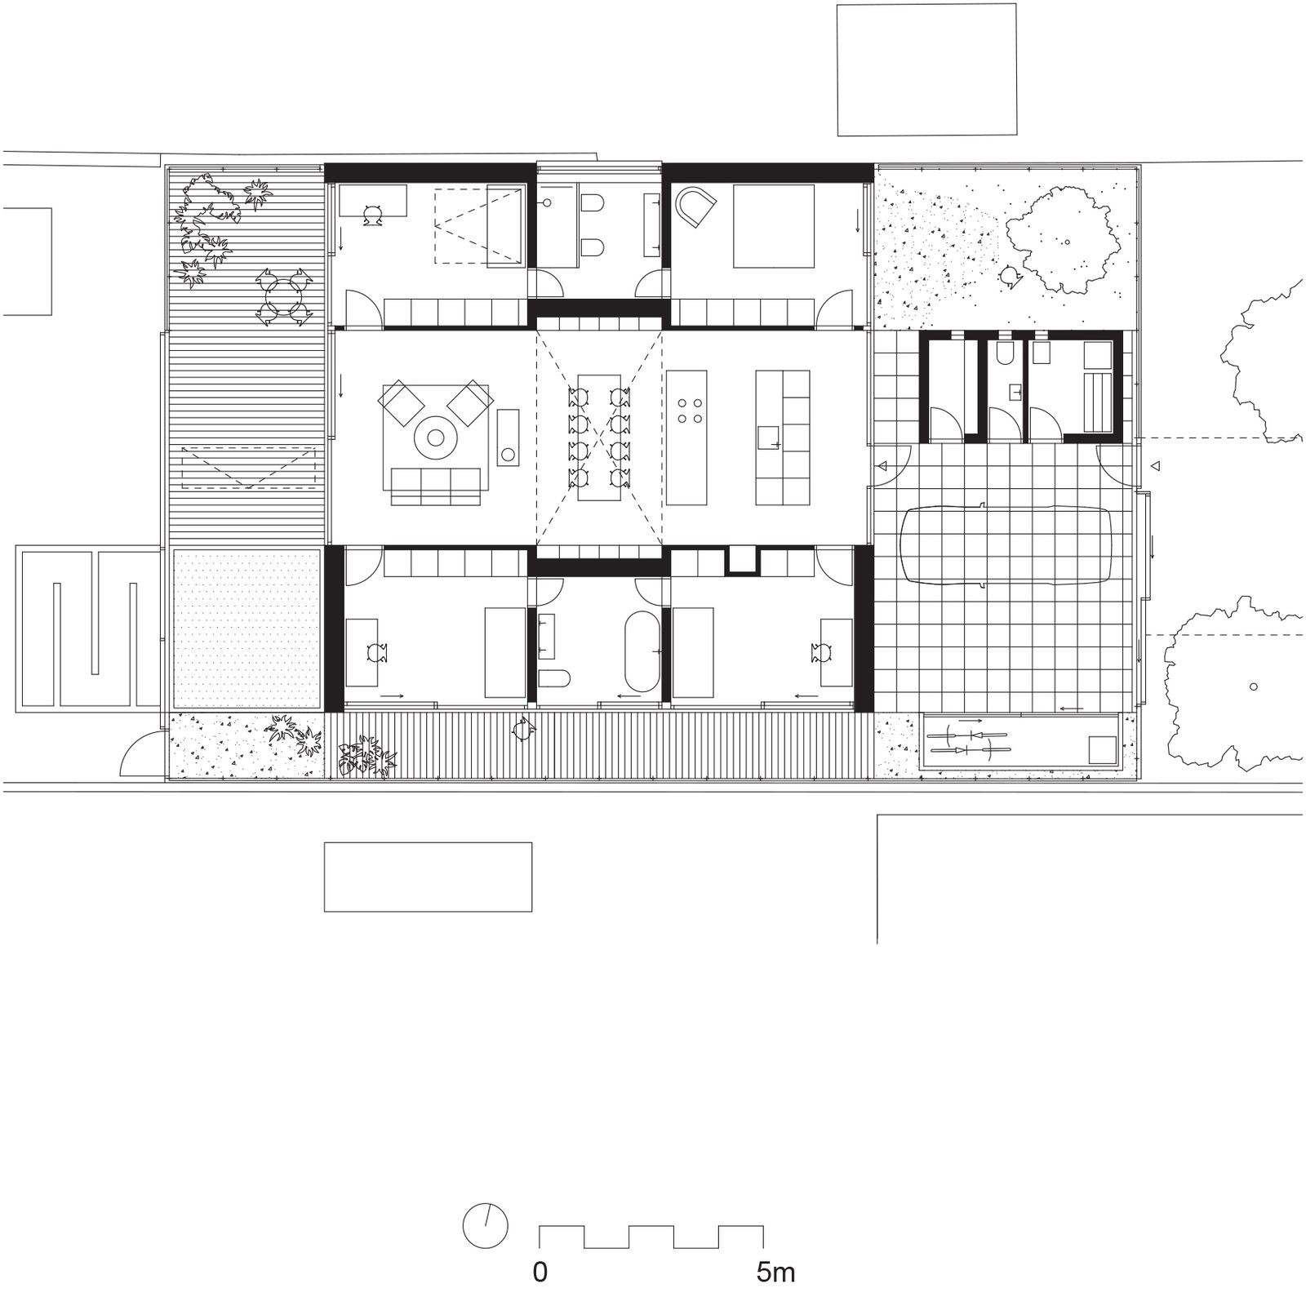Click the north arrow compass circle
coord(485,1225)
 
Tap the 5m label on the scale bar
coord(775,1272)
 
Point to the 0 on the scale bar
coord(540,1272)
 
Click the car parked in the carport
coord(1006,544)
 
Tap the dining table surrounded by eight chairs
coord(600,438)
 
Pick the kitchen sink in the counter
coord(769,438)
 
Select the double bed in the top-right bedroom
coord(774,226)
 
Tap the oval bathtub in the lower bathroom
coord(641,651)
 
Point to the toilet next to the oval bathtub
coord(554,679)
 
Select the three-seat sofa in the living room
coord(435,486)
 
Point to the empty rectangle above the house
coord(926,69)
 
